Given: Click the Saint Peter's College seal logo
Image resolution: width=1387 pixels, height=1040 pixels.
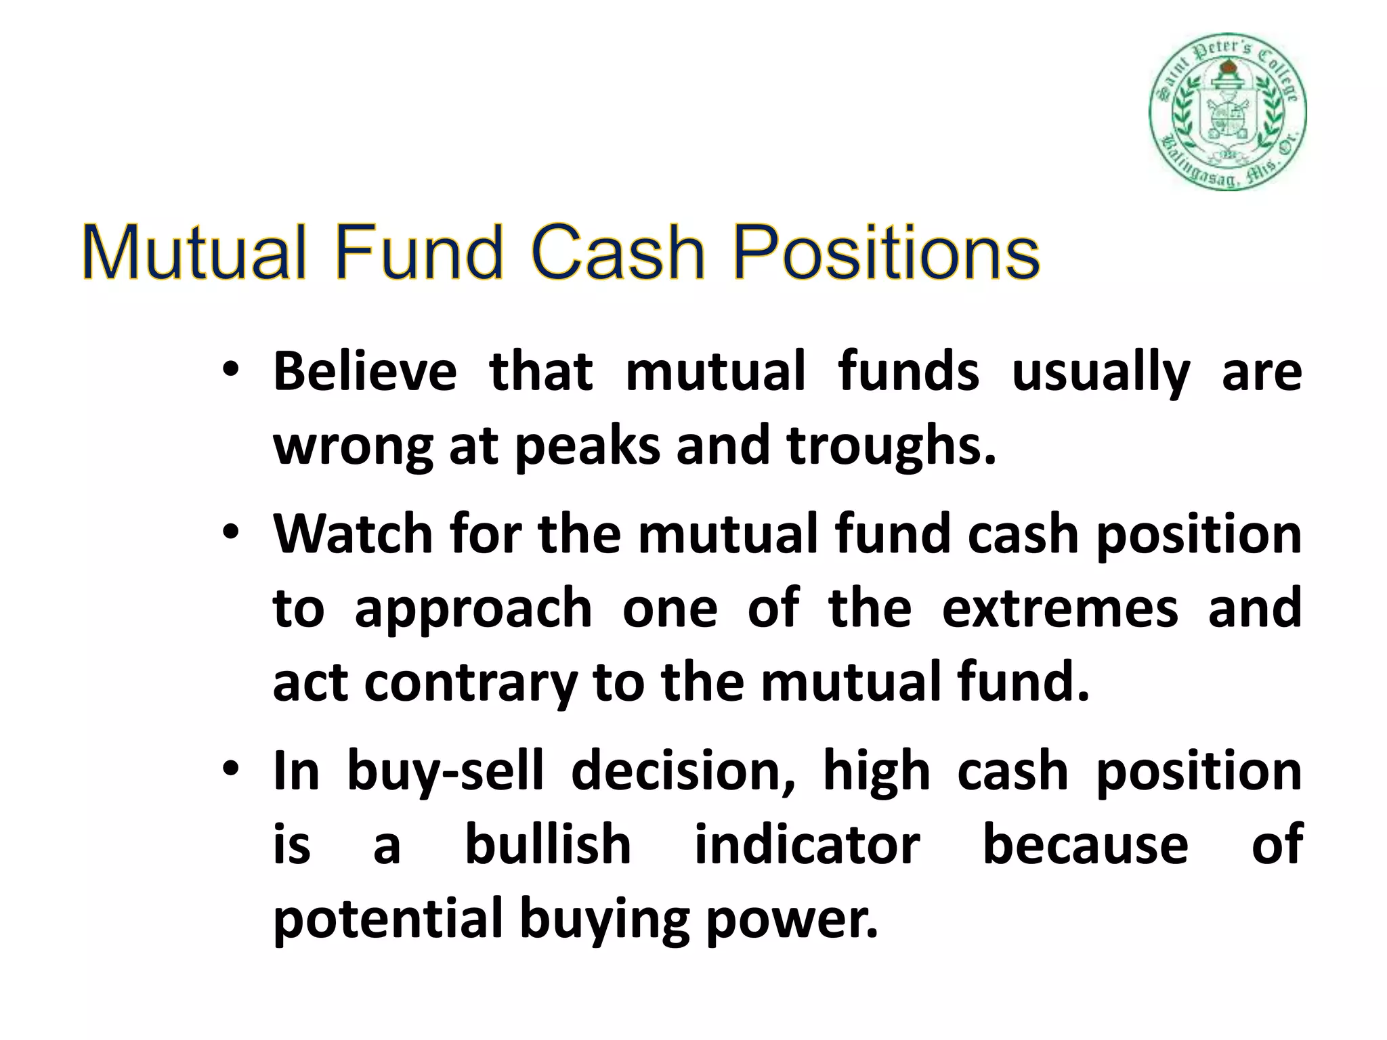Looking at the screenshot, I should [1227, 112].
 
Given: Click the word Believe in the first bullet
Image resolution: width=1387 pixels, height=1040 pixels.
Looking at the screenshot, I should [364, 372].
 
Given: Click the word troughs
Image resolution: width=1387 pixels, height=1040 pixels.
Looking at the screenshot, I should [891, 448].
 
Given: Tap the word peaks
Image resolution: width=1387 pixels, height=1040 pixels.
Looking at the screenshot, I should [587, 448].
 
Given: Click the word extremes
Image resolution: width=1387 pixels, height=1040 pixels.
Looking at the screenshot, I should [1060, 608].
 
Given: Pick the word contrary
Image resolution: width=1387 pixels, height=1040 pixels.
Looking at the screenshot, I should [471, 683].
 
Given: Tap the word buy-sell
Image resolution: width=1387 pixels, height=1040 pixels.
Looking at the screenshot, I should [445, 773].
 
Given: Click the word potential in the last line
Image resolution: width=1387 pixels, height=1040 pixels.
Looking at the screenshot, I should [387, 919].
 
